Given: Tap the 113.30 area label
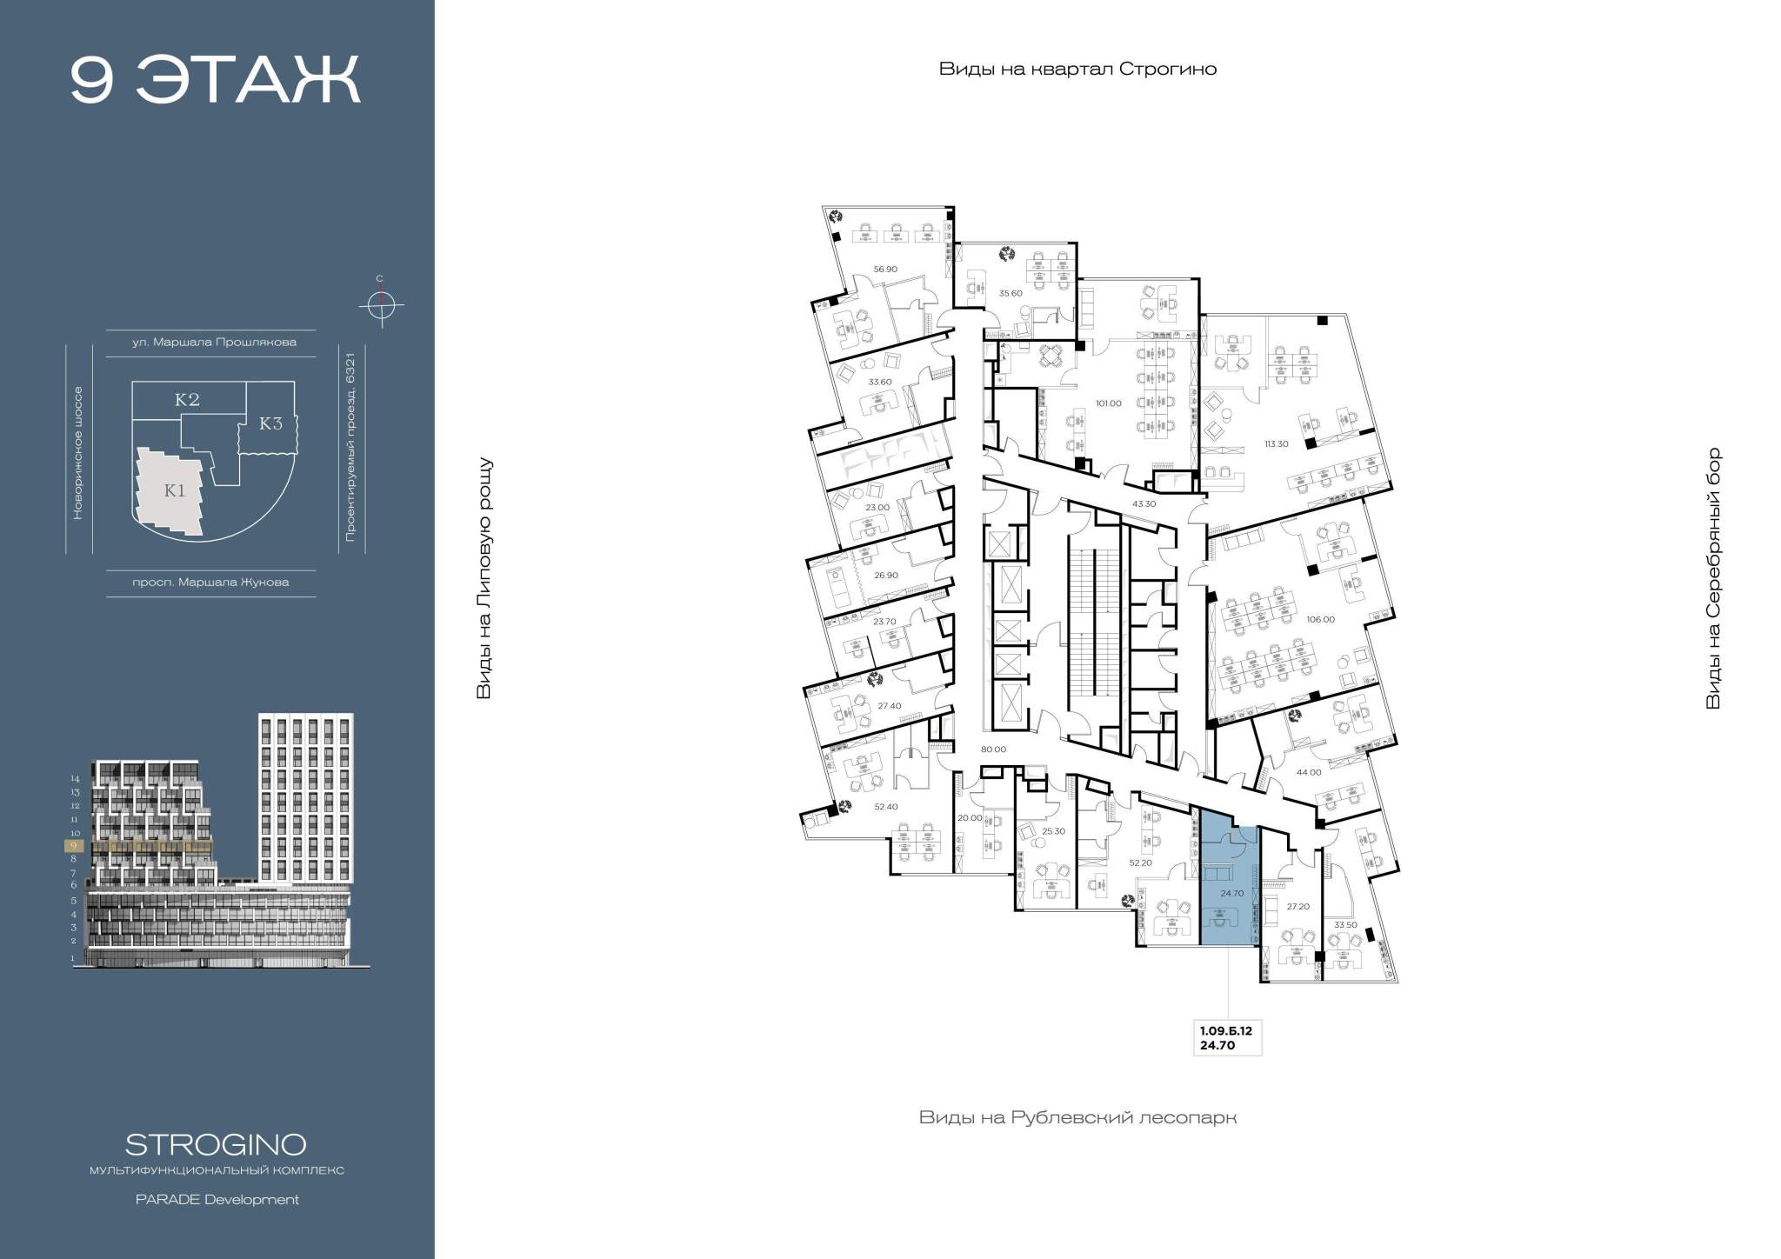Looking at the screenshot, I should (x=1276, y=443).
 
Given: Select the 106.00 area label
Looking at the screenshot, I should (x=1320, y=620).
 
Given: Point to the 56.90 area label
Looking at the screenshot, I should (x=885, y=270).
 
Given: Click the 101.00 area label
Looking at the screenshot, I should (x=1109, y=403).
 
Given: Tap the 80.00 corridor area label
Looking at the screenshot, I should (x=993, y=749).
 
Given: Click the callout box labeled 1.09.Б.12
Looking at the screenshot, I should (x=1227, y=1038).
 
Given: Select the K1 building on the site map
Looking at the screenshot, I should (x=171, y=490).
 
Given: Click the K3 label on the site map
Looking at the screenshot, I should (x=271, y=424).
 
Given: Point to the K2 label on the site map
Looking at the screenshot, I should (x=187, y=400).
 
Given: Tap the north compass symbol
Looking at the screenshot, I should (x=380, y=304).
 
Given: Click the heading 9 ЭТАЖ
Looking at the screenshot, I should (x=215, y=80).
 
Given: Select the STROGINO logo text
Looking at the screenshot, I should (x=216, y=1143).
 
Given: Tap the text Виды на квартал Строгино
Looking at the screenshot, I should (x=1077, y=70).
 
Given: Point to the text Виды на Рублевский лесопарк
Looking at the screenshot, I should (x=1077, y=1117).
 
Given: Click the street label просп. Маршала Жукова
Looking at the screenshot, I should (x=210, y=583).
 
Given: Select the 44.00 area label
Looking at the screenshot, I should (x=1308, y=772).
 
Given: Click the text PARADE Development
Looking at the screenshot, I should (x=217, y=1200).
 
